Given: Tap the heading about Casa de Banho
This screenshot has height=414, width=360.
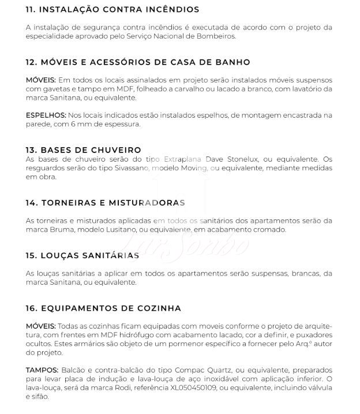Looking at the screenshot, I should [138, 62].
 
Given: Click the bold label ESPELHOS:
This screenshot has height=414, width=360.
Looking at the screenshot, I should [46, 115].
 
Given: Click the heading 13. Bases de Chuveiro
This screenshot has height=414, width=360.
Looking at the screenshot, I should [84, 150].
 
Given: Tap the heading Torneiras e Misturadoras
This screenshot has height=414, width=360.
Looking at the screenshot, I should [106, 203].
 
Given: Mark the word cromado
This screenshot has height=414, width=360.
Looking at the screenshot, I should [269, 230].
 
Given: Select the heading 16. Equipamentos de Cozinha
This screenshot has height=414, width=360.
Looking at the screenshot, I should [104, 308].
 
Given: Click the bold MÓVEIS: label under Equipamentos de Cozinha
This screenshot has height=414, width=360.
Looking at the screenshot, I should [41, 326].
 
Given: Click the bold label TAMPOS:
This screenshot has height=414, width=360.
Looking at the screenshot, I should [42, 370].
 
